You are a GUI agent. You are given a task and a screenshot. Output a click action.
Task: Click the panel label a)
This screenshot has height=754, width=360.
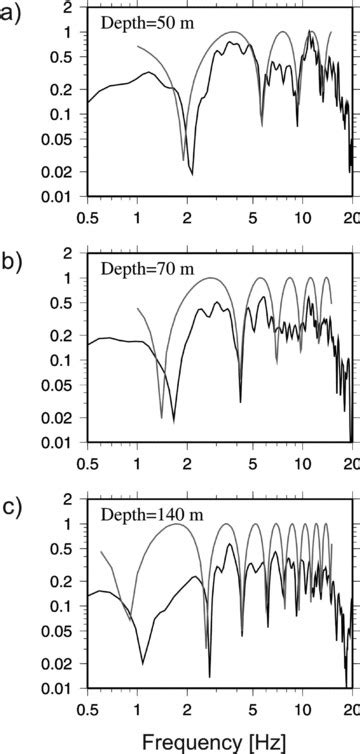point(13,18)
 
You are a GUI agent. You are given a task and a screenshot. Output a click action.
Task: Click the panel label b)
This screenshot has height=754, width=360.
point(13,264)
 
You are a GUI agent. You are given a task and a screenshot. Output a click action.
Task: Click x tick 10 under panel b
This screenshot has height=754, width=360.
point(301,463)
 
